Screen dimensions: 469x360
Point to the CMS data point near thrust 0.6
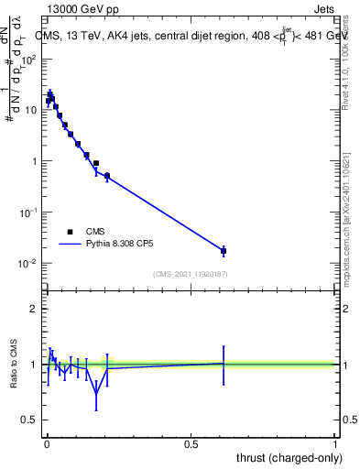click(224, 250)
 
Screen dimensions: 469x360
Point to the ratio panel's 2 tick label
click(35, 309)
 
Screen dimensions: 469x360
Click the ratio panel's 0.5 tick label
click(31, 420)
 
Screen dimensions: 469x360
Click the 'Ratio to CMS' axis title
click(12, 364)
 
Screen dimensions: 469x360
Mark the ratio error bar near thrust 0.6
click(224, 363)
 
